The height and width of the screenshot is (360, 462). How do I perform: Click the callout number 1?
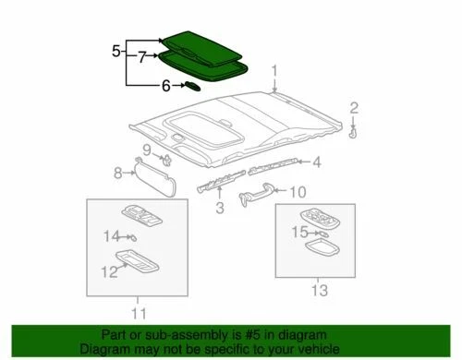pos(274,70)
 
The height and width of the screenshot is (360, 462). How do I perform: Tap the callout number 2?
pos(353,111)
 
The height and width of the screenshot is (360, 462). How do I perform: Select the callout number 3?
pos(219,209)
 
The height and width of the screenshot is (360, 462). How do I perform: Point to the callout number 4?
pos(315,163)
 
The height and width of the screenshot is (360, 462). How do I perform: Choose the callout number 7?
pos(141,57)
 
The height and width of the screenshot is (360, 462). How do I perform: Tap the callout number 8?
pos(117,172)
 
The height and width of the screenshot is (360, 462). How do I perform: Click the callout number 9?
pos(146,150)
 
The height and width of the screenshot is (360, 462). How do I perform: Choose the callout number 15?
pos(298,232)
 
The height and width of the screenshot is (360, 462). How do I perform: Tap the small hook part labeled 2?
pos(354,133)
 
